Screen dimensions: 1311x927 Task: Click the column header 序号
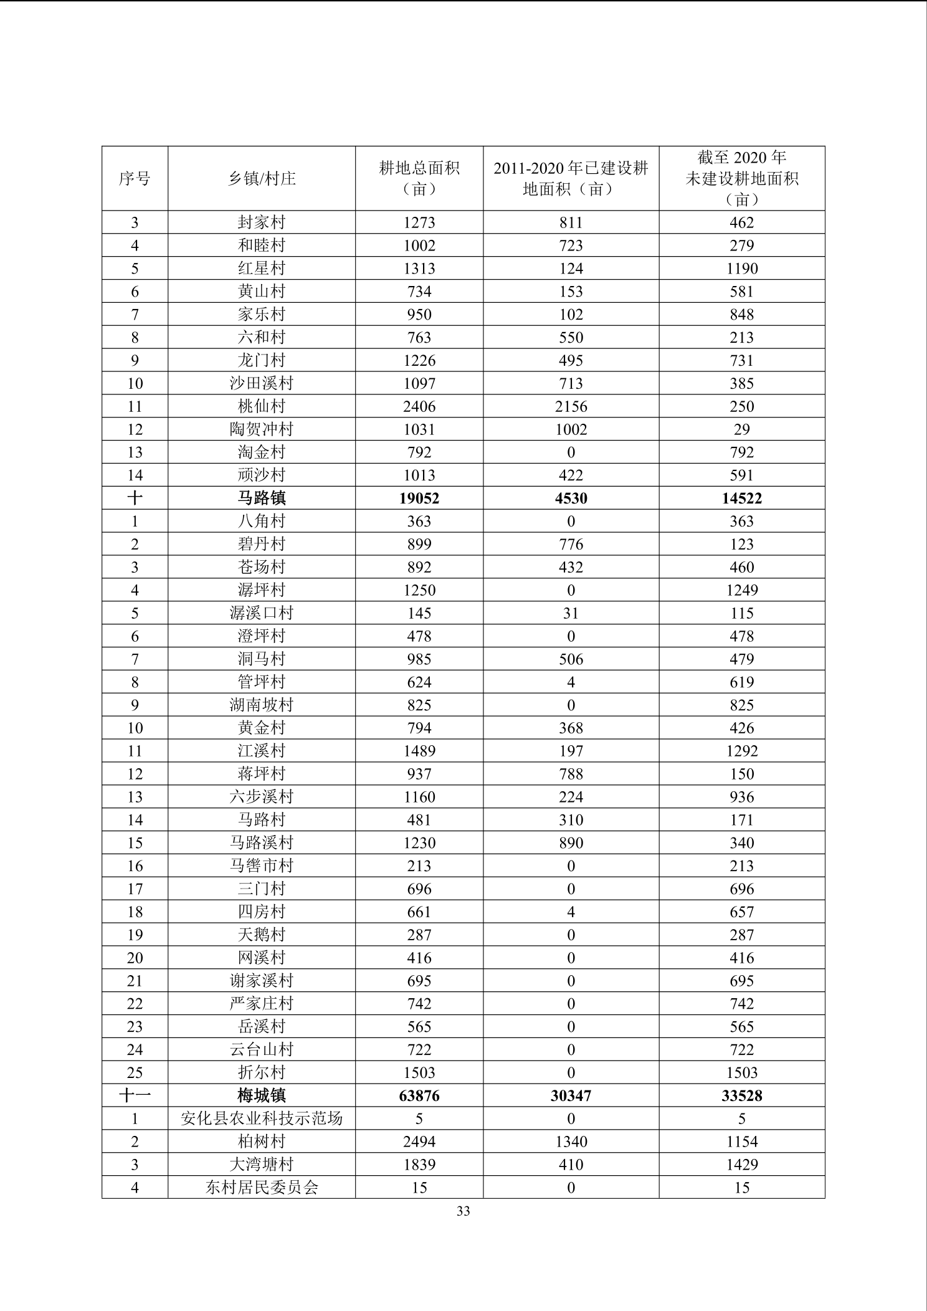pyautogui.click(x=135, y=179)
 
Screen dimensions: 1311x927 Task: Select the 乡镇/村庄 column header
pyautogui.click(x=262, y=179)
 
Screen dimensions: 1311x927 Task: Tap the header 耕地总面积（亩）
pyautogui.click(x=419, y=179)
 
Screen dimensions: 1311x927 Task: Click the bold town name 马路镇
pyautogui.click(x=262, y=498)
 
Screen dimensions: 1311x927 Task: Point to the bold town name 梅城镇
pyautogui.click(x=262, y=1095)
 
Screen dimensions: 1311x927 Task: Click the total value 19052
pyautogui.click(x=419, y=498)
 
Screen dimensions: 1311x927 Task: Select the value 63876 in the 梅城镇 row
pyautogui.click(x=419, y=1095)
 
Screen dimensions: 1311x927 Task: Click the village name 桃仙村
pyautogui.click(x=262, y=406)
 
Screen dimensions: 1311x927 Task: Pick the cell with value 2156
pyautogui.click(x=571, y=406)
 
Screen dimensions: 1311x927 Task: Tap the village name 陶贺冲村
pyautogui.click(x=262, y=429)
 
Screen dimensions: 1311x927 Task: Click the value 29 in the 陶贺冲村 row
pyautogui.click(x=741, y=429)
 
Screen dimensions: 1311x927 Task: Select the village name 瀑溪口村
pyautogui.click(x=262, y=613)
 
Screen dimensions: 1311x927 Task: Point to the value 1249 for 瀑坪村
pyautogui.click(x=741, y=590)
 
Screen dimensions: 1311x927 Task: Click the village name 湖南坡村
pyautogui.click(x=262, y=705)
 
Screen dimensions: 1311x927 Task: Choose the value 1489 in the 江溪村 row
pyautogui.click(x=419, y=751)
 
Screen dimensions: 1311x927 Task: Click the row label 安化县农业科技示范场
pyautogui.click(x=262, y=1118)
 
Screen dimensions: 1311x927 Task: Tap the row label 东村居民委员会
pyautogui.click(x=262, y=1188)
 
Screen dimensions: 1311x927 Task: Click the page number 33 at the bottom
pyautogui.click(x=463, y=1211)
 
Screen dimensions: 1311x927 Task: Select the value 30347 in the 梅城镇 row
pyautogui.click(x=571, y=1095)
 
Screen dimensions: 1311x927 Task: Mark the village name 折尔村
pyautogui.click(x=262, y=1072)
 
